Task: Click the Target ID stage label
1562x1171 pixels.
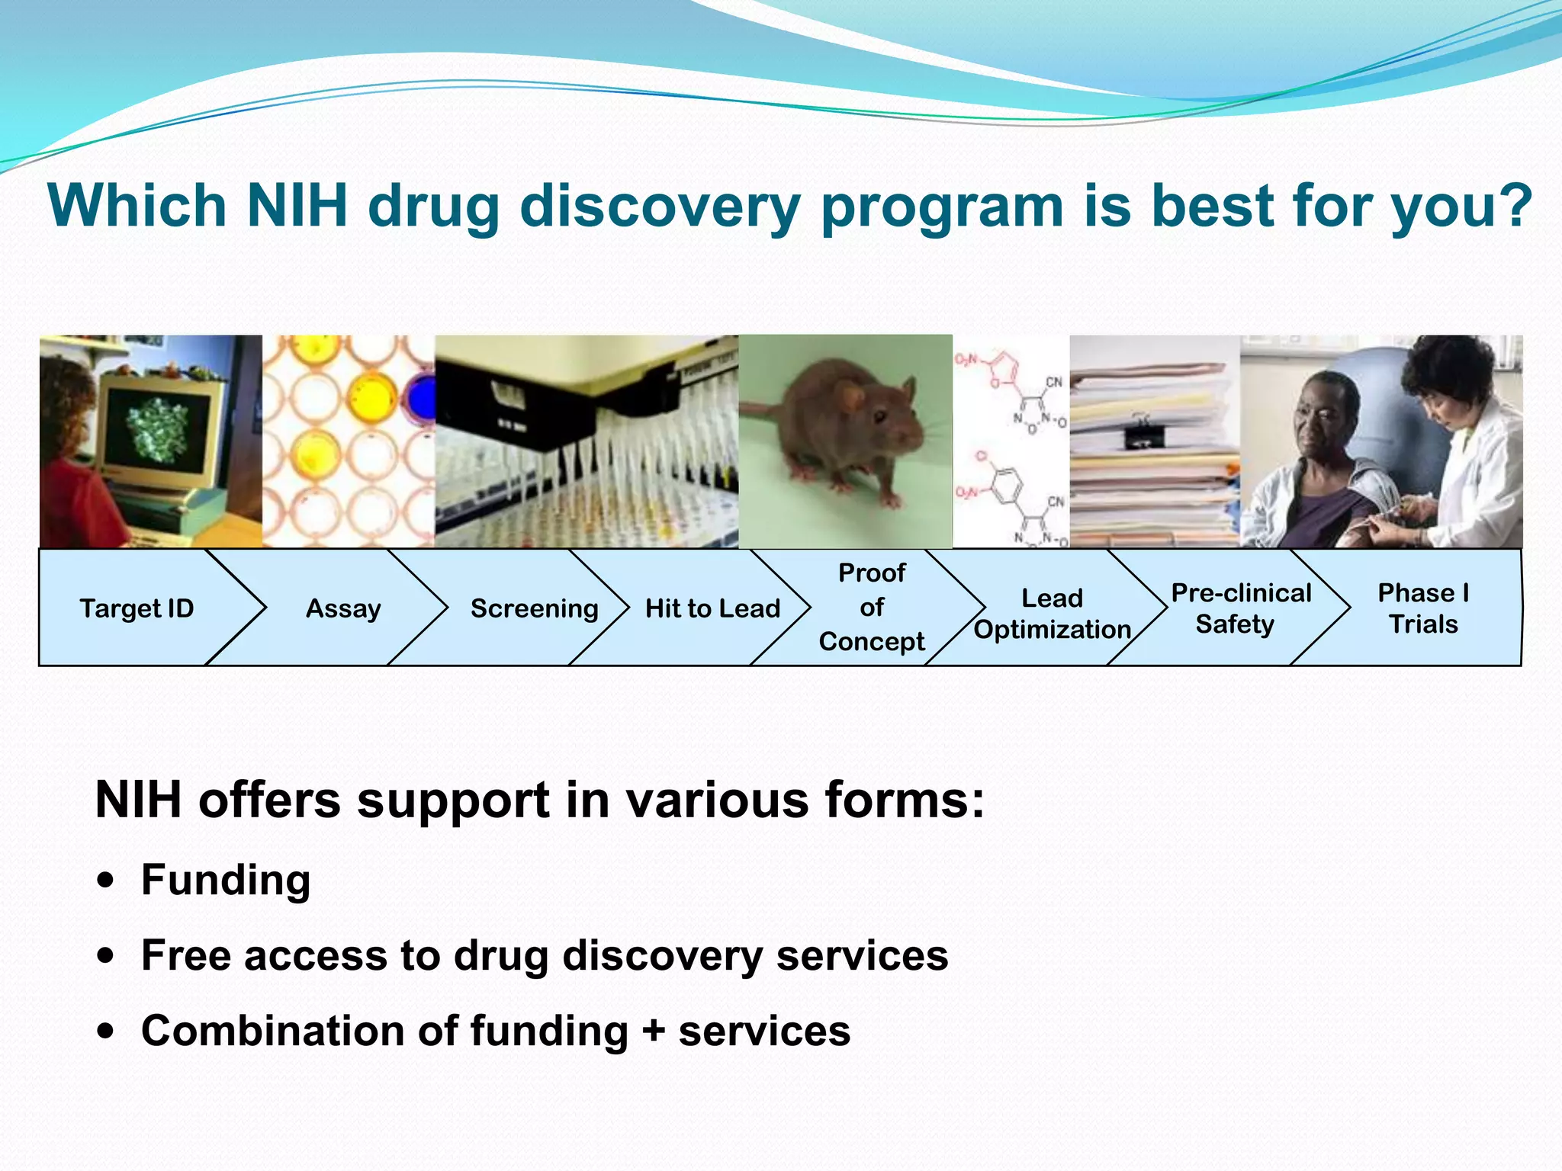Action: (137, 608)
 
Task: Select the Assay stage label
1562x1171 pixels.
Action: (343, 608)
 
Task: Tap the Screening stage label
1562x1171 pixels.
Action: (534, 608)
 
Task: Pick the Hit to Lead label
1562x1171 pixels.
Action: (712, 608)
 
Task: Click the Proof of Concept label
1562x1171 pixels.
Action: (871, 607)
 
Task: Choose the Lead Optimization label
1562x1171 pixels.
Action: (1052, 614)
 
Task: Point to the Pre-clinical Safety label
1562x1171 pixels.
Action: (1240, 608)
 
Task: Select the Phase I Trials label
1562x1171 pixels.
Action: (1422, 608)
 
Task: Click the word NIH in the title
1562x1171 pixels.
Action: (297, 206)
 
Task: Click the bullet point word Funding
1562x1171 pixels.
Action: (226, 880)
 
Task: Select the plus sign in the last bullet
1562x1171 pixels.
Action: (653, 1031)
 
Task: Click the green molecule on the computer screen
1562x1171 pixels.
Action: (157, 431)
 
